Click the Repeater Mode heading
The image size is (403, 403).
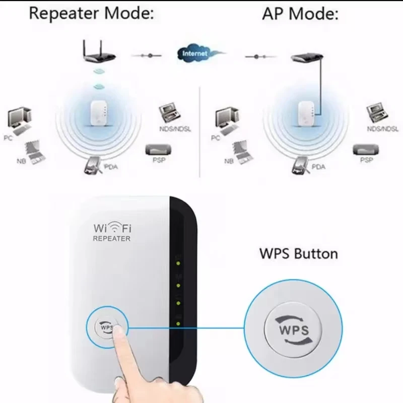91,13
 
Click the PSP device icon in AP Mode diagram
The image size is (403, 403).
365,150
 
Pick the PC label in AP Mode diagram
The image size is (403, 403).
216,138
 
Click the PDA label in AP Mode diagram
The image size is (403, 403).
318,167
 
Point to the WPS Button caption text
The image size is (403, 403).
298,253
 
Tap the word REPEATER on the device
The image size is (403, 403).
111,239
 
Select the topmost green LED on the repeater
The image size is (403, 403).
178,262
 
